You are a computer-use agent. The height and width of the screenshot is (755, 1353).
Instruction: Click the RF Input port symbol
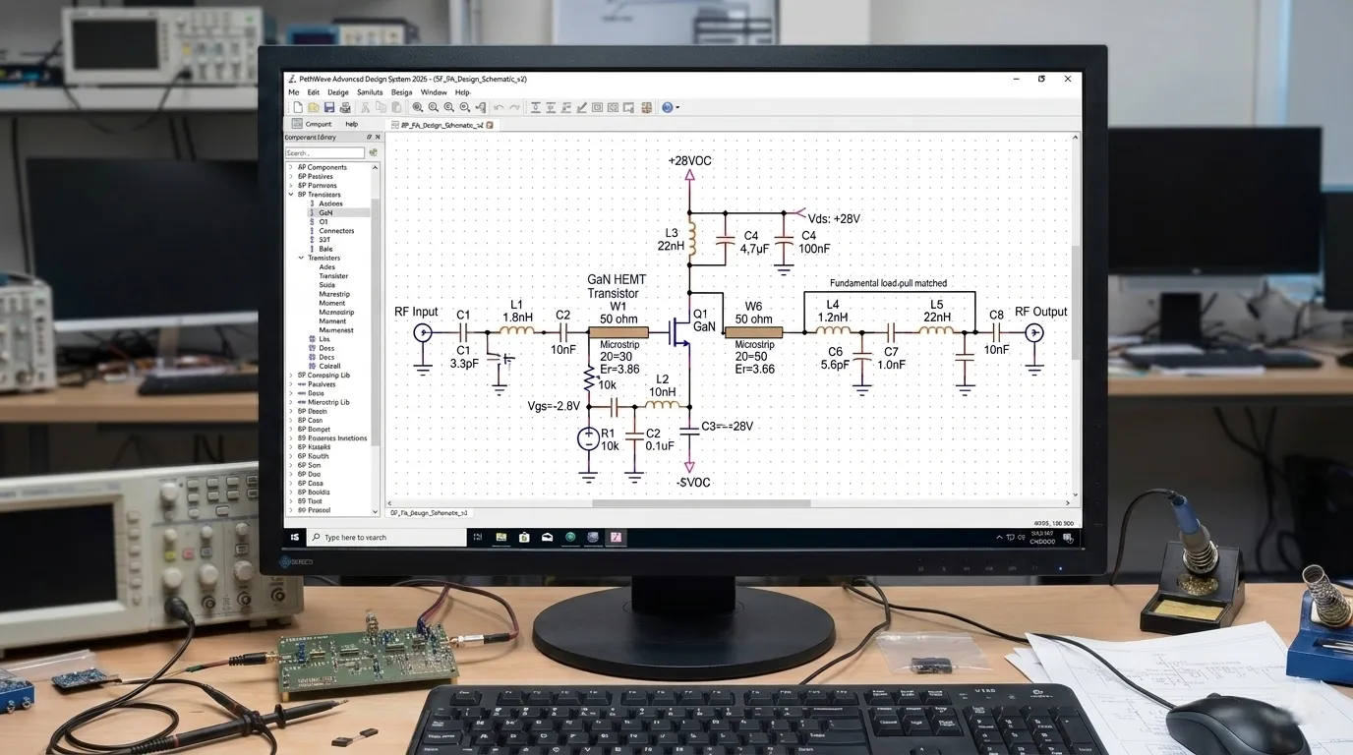pyautogui.click(x=424, y=333)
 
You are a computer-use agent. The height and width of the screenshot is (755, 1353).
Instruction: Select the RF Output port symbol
pyautogui.click(x=1034, y=333)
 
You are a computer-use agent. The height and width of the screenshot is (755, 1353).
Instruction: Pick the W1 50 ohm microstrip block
pyautogui.click(x=618, y=332)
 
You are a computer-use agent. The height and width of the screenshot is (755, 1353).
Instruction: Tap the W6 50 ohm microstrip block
pyautogui.click(x=753, y=332)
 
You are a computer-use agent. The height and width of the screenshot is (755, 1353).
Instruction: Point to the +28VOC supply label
pyautogui.click(x=689, y=160)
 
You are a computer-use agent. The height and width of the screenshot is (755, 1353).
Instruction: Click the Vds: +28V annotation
pyautogui.click(x=833, y=218)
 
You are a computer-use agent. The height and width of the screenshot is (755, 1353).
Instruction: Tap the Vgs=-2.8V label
pyautogui.click(x=554, y=406)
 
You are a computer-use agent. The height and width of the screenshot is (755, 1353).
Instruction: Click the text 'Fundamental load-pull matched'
pyautogui.click(x=888, y=283)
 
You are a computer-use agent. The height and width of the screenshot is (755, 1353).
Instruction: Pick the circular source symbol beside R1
pyautogui.click(x=588, y=438)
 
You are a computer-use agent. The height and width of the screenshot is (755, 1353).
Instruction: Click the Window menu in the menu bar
pyautogui.click(x=434, y=92)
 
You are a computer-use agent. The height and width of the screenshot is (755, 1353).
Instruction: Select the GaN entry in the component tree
pyautogui.click(x=326, y=212)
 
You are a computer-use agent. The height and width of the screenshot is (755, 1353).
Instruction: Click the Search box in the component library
pyautogui.click(x=324, y=153)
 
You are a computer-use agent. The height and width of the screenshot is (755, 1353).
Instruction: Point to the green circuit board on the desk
pyautogui.click(x=368, y=655)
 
